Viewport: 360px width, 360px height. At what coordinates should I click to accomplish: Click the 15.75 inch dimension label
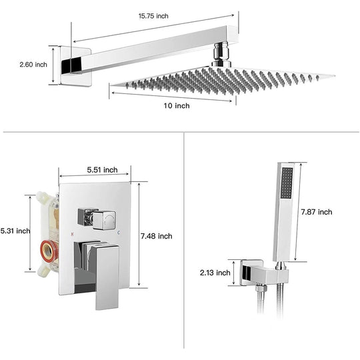pos(153,16)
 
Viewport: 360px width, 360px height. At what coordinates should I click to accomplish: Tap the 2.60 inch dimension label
pos(33,65)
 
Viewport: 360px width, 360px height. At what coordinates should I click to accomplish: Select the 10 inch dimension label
pos(177,105)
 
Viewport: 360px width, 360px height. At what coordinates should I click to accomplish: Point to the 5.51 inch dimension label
pos(102,170)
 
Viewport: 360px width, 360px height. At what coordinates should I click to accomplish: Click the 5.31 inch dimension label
pos(15,231)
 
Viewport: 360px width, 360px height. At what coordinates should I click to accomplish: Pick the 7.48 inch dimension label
pos(157,236)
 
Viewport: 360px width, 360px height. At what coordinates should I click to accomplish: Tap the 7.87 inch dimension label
pos(317,212)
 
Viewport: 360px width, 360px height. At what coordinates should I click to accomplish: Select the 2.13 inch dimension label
pos(215,273)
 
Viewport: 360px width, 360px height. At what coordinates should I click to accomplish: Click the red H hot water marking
pos(72,234)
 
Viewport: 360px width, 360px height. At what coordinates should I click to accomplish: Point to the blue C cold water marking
pos(119,233)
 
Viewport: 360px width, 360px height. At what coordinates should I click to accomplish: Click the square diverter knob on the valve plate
pos(103,220)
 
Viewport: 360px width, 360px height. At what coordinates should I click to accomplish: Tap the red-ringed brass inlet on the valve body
pos(48,251)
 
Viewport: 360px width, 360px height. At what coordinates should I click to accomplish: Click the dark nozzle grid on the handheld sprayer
pos(287,183)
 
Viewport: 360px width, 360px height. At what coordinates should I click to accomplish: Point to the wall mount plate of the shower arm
pos(76,67)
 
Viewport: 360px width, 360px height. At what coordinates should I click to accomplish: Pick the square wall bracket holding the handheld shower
pos(264,273)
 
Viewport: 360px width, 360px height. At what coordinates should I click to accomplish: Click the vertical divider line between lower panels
pos(184,241)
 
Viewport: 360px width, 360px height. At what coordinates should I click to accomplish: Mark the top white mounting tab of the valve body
pos(44,197)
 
